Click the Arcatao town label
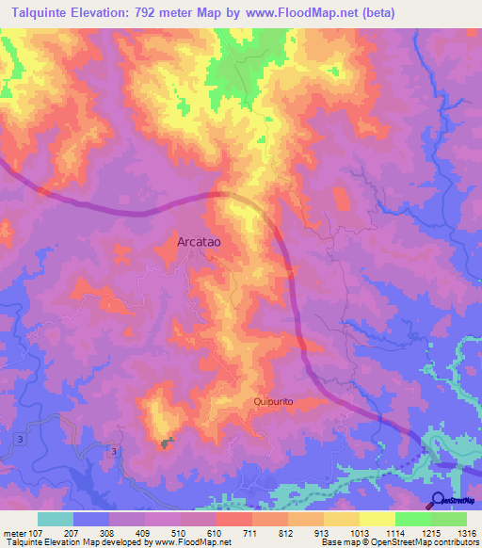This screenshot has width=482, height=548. click(x=199, y=242)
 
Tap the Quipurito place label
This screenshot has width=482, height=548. click(x=274, y=401)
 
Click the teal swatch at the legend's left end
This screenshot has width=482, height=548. click(x=56, y=519)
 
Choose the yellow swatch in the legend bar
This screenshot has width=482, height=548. click(x=378, y=519)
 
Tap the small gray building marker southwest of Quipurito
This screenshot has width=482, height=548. click(x=169, y=443)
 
